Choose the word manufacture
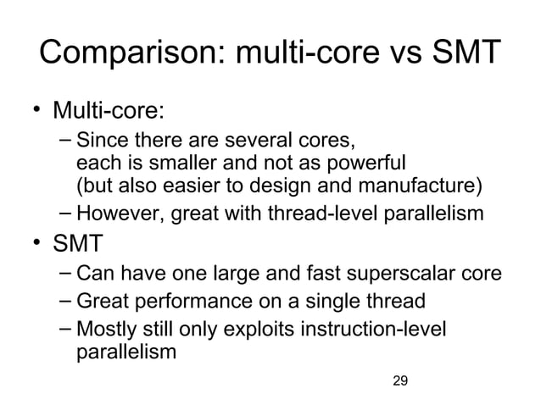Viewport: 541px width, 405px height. coord(428,185)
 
